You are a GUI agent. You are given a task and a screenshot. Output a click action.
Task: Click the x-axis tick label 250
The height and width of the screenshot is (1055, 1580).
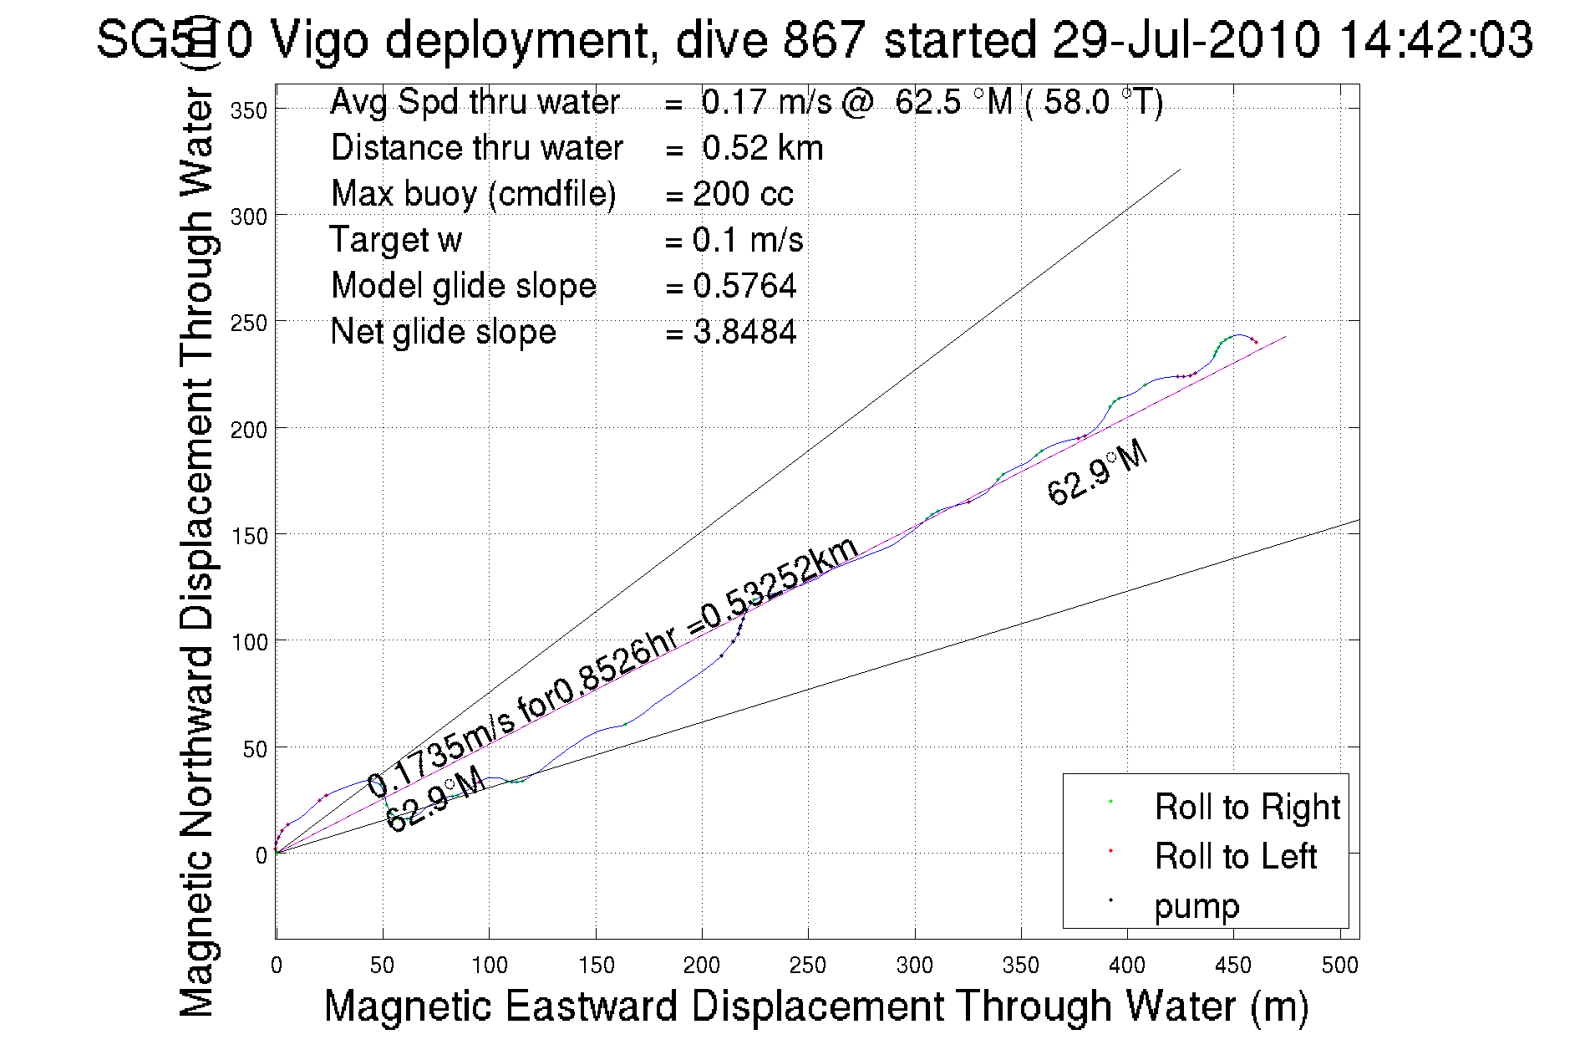click(x=807, y=966)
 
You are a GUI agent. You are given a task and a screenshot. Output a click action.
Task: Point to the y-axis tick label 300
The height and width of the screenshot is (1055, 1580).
click(x=248, y=217)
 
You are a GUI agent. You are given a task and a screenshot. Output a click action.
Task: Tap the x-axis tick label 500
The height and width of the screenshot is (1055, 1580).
click(x=1339, y=966)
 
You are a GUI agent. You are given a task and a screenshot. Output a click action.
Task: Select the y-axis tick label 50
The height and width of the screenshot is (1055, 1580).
click(x=255, y=749)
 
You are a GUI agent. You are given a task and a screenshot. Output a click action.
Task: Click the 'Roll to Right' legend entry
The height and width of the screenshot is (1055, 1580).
click(x=1247, y=807)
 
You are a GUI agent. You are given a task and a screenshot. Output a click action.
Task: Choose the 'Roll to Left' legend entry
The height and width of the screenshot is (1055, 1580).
click(x=1235, y=856)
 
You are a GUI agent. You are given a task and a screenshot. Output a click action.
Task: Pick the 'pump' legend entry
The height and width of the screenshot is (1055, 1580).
click(x=1196, y=905)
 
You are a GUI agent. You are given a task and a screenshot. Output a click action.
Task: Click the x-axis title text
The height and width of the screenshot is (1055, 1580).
click(x=815, y=1005)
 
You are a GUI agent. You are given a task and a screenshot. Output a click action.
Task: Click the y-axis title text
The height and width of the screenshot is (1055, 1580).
click(x=198, y=552)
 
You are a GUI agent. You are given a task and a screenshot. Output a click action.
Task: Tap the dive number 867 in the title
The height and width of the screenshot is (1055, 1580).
click(x=824, y=39)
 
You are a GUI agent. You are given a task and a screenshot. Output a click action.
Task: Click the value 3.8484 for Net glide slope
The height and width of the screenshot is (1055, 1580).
click(x=744, y=332)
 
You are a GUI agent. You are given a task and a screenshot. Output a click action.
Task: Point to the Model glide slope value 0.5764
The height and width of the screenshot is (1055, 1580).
click(x=744, y=286)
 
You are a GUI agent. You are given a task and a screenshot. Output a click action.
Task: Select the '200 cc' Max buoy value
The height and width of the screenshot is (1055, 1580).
click(x=743, y=194)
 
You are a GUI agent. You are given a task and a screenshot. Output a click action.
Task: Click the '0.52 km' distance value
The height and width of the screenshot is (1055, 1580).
click(x=762, y=148)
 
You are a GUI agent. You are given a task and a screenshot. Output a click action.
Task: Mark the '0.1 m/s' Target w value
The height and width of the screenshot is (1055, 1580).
click(x=747, y=240)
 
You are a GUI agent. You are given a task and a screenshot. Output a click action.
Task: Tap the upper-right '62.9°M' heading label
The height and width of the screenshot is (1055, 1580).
click(x=1097, y=472)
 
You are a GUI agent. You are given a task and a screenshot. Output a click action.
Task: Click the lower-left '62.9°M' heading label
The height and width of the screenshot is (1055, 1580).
click(x=435, y=798)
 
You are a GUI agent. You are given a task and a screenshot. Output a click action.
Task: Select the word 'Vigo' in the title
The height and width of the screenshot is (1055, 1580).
click(x=319, y=39)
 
